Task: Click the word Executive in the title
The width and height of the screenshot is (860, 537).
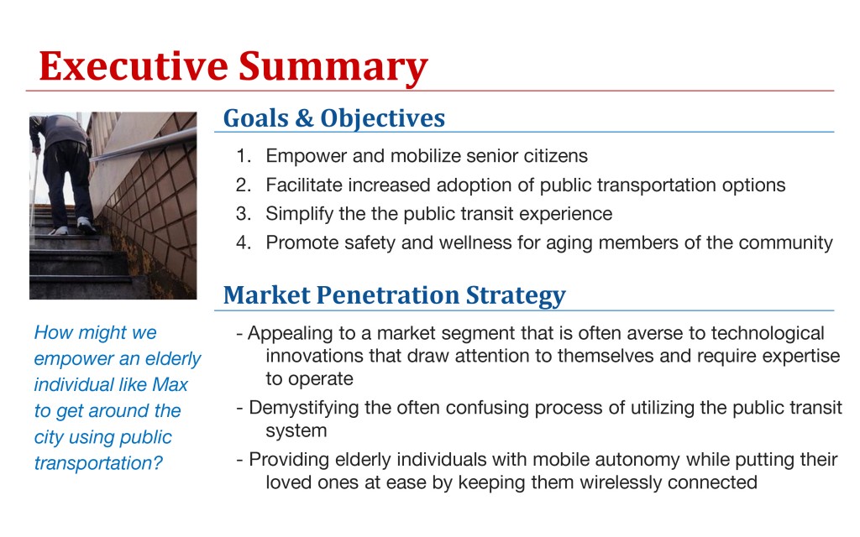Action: coord(134,66)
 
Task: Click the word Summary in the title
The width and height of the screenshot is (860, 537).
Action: coord(333,68)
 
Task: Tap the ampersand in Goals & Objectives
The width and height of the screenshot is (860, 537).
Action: coord(304,117)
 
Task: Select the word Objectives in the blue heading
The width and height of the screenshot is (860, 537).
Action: coord(382,119)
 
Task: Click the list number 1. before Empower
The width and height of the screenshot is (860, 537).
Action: coord(244,155)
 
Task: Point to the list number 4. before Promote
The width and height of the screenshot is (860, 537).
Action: coord(244,242)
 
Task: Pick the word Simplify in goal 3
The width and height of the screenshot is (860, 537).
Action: coord(300,215)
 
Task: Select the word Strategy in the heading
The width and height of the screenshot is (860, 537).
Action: coord(516,296)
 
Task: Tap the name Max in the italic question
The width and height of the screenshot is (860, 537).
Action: coord(170,384)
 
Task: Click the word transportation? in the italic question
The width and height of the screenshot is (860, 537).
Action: coord(98,463)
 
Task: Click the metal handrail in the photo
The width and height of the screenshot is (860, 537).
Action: coord(143,145)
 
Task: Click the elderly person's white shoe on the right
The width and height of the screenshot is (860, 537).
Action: coord(86,224)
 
